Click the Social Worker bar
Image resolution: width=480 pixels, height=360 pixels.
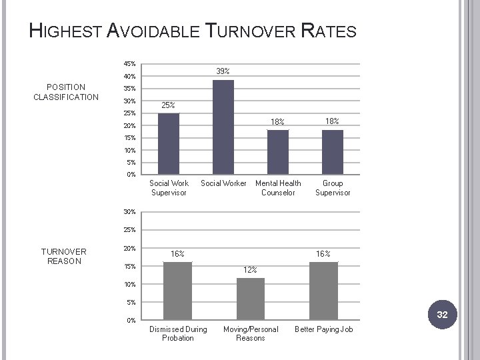[223, 127]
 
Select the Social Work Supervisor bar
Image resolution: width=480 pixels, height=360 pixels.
[169, 143]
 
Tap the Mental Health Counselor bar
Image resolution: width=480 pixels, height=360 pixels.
[278, 152]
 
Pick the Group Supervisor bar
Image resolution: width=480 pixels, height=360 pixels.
[333, 152]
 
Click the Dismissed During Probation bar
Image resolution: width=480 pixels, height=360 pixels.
[177, 291]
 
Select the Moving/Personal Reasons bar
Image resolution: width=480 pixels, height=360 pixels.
[251, 299]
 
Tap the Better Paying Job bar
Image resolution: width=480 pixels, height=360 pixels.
[323, 291]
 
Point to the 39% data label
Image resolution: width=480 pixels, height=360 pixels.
[223, 71]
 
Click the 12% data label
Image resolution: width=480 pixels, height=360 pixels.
[250, 270]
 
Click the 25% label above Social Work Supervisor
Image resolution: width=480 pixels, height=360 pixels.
[169, 105]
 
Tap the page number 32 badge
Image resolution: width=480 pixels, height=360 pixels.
[442, 315]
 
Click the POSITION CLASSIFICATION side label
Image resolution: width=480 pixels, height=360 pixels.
[66, 92]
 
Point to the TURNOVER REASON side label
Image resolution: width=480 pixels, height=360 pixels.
[64, 256]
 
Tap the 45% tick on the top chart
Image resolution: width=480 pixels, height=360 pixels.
[129, 64]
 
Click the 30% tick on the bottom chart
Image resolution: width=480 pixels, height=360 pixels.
[129, 212]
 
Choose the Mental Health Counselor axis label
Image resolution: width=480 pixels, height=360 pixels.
[278, 188]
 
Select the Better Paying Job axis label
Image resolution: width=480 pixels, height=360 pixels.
[323, 329]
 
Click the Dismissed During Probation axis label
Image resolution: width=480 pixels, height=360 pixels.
[178, 333]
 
